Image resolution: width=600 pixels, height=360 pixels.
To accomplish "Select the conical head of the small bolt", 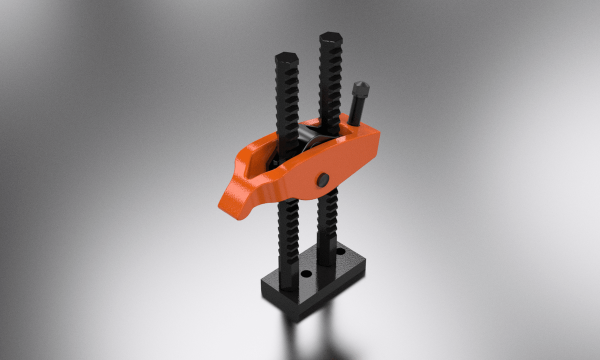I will pos(361,90).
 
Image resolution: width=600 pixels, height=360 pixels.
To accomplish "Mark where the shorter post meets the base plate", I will pos(289,286).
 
